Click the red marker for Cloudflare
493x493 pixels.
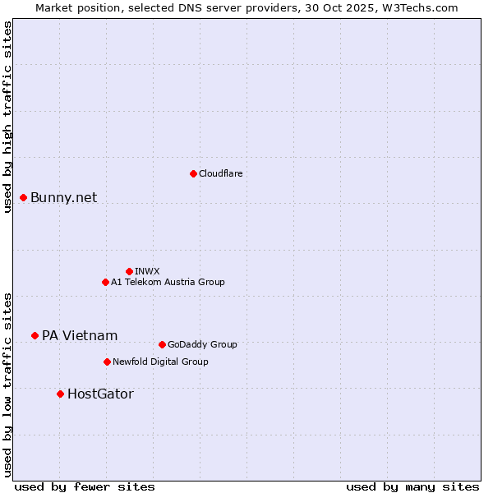(x=193, y=173)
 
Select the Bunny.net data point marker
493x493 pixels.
(x=24, y=197)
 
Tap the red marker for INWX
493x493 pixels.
(x=129, y=271)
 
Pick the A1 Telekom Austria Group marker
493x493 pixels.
(x=105, y=282)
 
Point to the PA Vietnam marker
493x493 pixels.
(x=35, y=335)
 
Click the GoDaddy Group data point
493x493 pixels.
(x=162, y=344)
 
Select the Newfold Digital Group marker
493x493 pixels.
(x=107, y=362)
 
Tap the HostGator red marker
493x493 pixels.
(x=60, y=394)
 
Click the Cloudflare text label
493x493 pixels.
(x=221, y=173)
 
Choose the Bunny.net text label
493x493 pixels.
(x=64, y=197)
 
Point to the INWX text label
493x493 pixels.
(x=147, y=271)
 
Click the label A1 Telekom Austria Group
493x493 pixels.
(x=168, y=282)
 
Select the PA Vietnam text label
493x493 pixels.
(x=80, y=335)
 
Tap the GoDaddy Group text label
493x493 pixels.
(x=202, y=344)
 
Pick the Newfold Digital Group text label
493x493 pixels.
(x=160, y=362)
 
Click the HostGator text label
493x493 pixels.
(x=100, y=394)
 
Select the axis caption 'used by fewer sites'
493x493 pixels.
(x=85, y=486)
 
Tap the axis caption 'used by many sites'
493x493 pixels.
(x=412, y=486)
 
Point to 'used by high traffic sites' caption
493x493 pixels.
(x=7, y=117)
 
